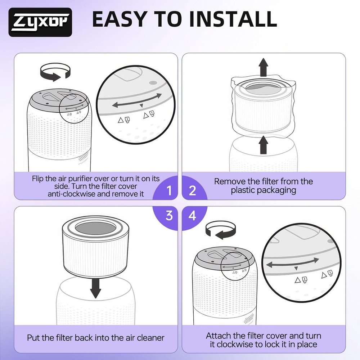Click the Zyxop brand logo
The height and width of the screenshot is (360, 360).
[x=40, y=22]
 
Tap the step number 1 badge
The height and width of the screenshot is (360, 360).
[x=169, y=190]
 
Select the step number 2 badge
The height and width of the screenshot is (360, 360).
[x=192, y=190]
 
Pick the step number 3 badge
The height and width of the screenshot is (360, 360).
[x=169, y=216]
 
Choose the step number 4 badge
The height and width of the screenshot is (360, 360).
[x=192, y=216]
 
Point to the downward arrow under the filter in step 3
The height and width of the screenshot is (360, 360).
[x=95, y=288]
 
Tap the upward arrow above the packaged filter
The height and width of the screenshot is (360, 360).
[x=264, y=67]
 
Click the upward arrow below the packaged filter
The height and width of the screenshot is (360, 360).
[x=264, y=145]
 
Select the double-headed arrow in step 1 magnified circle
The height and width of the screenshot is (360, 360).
[x=137, y=100]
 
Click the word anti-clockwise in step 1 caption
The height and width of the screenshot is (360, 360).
[x=72, y=194]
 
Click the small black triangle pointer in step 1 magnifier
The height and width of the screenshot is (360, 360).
[x=141, y=105]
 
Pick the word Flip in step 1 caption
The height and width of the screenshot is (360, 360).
[x=37, y=179]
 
